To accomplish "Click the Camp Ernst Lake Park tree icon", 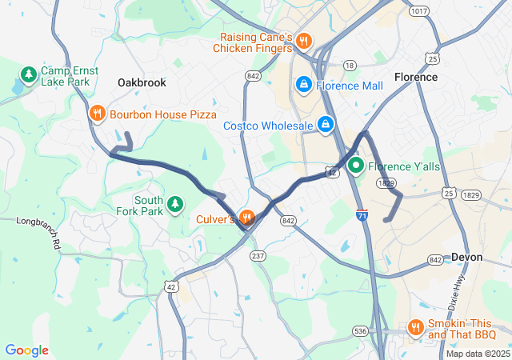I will (29, 76).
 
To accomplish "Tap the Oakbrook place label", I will (142, 82).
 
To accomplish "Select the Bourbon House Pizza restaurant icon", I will (97, 114).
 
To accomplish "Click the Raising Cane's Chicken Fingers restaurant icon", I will (303, 42).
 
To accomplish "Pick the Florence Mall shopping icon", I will (304, 85).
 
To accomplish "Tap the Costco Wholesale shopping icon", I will (326, 125).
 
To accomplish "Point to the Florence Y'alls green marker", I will (354, 166).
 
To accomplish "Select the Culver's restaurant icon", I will (246, 218).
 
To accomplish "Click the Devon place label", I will (467, 257).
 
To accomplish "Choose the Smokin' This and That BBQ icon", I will (414, 327).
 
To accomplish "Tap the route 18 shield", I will (349, 65).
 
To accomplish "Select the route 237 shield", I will (258, 255).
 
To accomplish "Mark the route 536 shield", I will (361, 330).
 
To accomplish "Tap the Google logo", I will (27, 350).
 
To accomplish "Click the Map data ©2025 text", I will (478, 354).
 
